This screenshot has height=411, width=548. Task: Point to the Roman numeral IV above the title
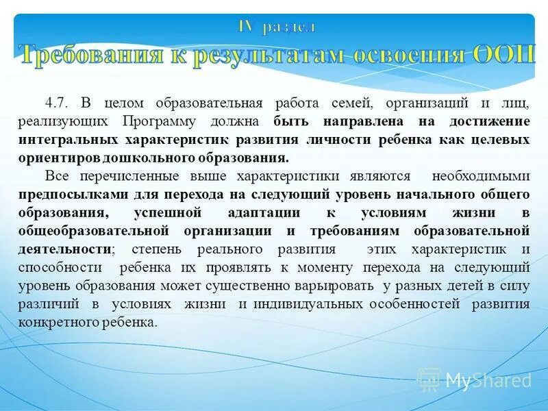pyautogui.click(x=246, y=27)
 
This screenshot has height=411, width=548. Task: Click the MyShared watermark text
pyautogui.click(x=488, y=380)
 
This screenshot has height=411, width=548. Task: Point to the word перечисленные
pyautogui.click(x=130, y=175)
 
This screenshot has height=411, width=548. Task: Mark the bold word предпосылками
pyautogui.click(x=62, y=193)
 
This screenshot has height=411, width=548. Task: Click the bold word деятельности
pyautogui.click(x=64, y=248)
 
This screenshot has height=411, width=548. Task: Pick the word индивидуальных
pyautogui.click(x=310, y=303)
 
